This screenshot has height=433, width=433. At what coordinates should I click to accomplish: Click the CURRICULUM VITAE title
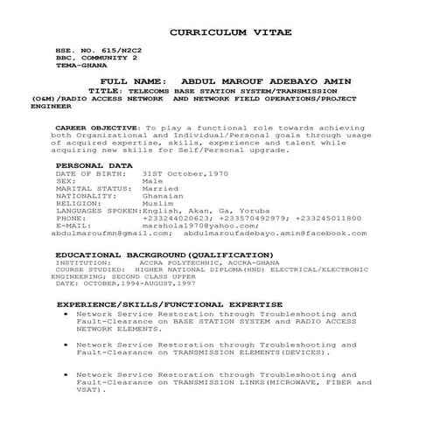(x=230, y=31)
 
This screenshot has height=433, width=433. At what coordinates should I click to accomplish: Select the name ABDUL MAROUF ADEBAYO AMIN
(x=252, y=79)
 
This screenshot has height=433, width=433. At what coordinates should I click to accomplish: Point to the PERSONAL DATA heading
(x=94, y=164)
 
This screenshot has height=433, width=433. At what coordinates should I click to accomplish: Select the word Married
(x=160, y=188)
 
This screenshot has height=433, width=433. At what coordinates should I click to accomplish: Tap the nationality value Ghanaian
(x=163, y=196)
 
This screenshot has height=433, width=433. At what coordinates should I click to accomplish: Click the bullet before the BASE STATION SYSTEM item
(x=66, y=313)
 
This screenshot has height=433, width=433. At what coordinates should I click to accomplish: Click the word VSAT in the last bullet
(x=90, y=390)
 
